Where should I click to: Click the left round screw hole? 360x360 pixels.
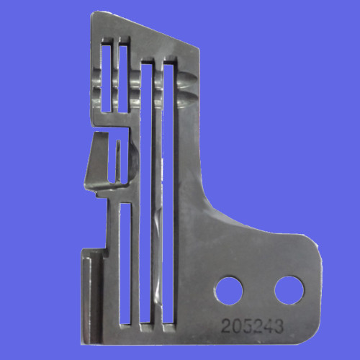229,291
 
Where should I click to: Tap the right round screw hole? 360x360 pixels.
289,290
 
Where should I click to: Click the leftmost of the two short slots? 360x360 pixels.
107,78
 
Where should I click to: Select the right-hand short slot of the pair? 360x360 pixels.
123,79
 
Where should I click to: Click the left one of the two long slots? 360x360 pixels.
145,193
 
